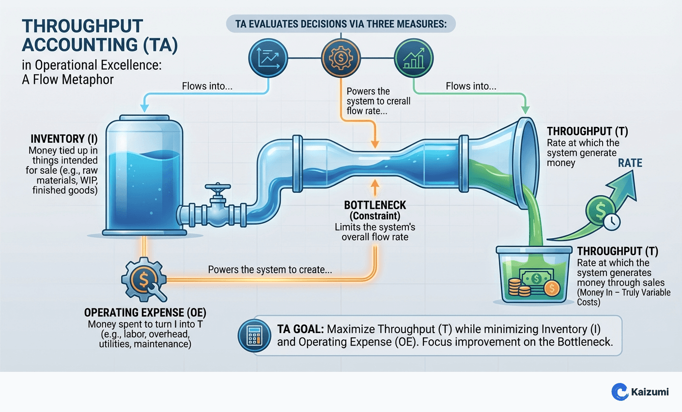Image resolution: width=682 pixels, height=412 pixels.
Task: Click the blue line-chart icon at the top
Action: (x=268, y=59)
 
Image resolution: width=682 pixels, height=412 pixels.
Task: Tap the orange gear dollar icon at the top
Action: (x=341, y=59)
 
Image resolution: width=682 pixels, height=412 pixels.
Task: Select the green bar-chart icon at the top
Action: (x=414, y=59)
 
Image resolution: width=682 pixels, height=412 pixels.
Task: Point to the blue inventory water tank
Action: (x=144, y=177)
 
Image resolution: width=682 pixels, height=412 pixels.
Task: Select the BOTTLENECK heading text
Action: (x=375, y=205)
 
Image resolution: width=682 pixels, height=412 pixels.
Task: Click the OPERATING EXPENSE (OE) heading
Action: (x=145, y=312)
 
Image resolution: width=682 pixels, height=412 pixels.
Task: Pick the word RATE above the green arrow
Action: (x=630, y=163)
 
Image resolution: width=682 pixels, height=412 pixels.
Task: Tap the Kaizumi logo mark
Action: (x=620, y=392)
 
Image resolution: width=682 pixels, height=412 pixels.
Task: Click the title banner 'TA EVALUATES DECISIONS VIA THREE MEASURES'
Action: (x=341, y=24)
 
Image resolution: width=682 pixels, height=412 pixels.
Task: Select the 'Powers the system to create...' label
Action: (x=270, y=270)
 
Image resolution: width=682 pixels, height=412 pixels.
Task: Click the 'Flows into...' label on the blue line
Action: (x=207, y=86)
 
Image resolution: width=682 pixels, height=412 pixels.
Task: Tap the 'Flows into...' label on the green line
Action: (x=471, y=86)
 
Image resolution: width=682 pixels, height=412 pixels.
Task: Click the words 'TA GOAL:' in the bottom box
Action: (x=300, y=329)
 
